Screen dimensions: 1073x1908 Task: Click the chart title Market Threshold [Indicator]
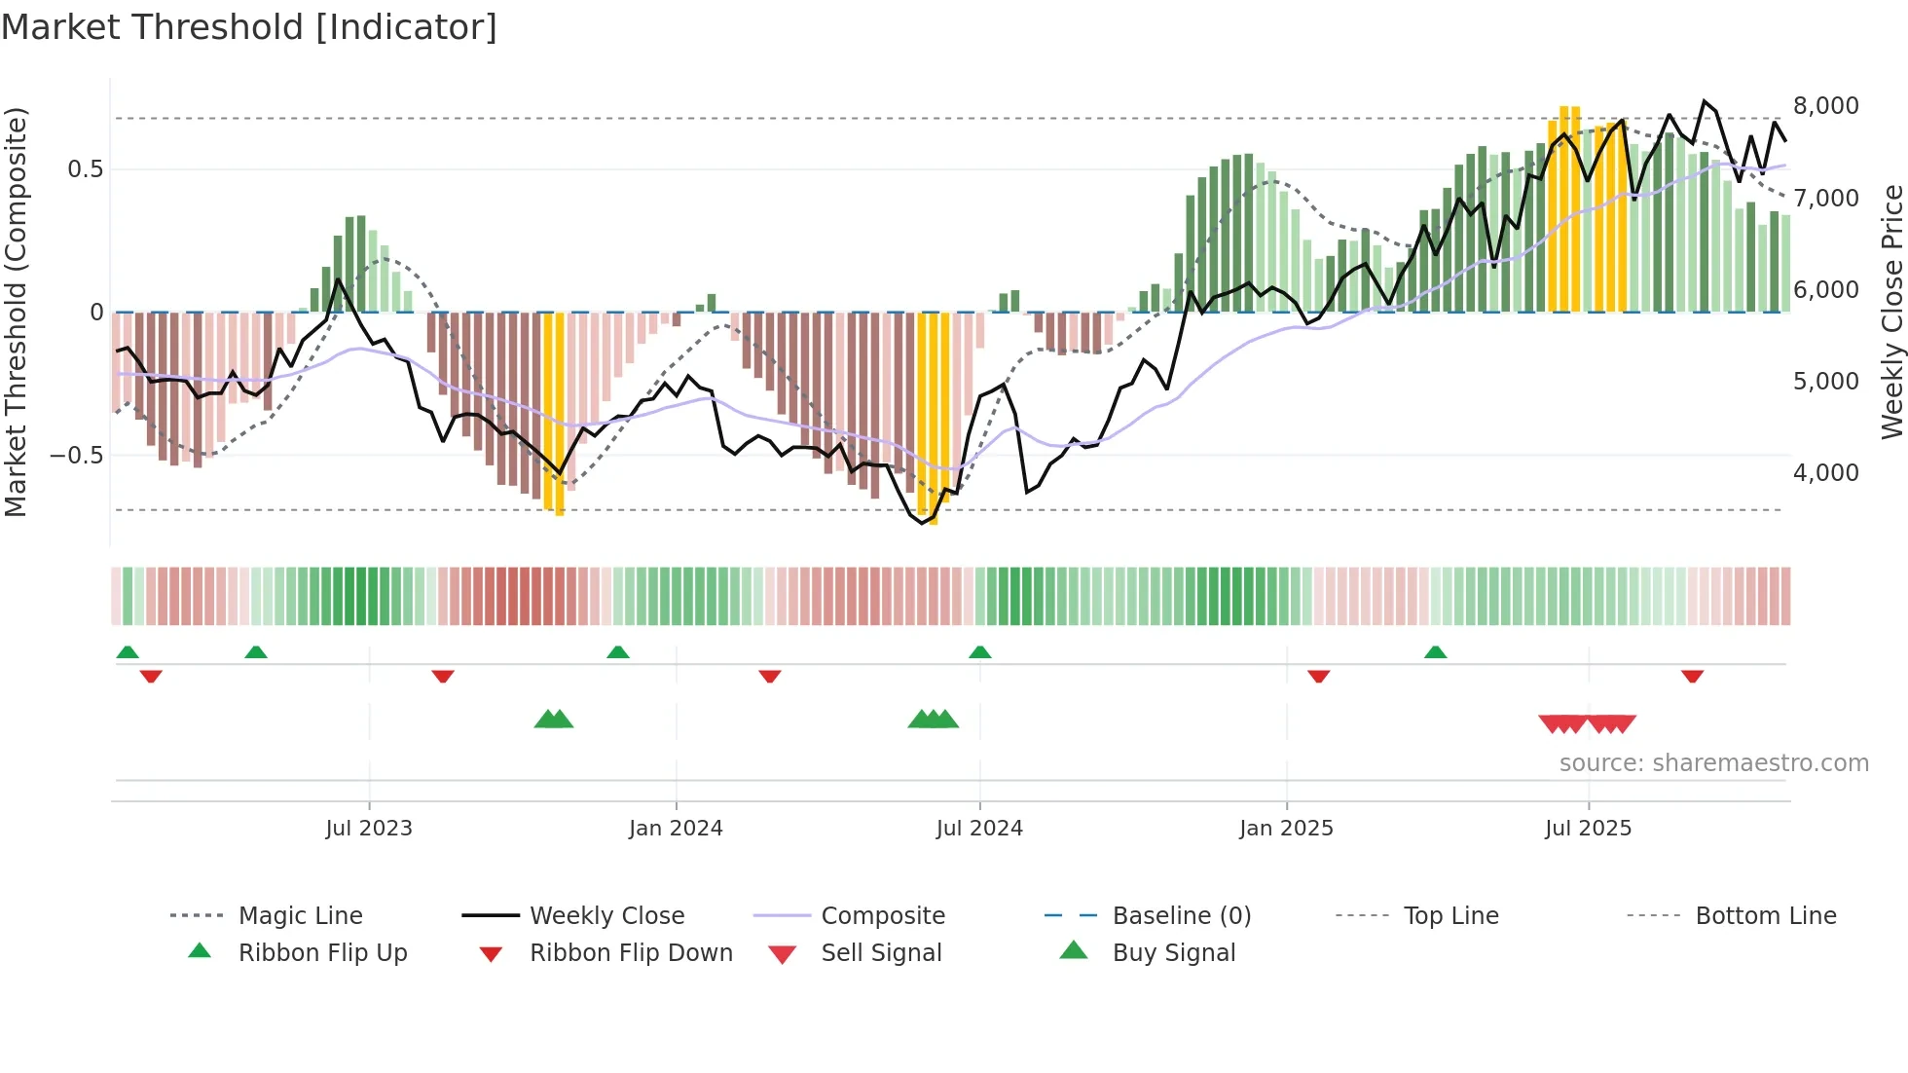(249, 27)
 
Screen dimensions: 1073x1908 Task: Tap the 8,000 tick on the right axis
(1825, 106)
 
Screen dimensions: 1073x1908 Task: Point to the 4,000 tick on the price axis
(1825, 473)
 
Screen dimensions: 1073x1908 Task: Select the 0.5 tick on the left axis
(85, 169)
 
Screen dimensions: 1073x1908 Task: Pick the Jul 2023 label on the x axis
(369, 829)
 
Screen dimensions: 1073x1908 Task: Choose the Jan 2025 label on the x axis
(1286, 829)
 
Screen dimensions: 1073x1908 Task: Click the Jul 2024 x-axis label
(979, 829)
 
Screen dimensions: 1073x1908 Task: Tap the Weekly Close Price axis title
(1891, 312)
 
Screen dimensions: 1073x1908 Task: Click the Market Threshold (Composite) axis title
(16, 312)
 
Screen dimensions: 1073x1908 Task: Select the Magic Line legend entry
(300, 916)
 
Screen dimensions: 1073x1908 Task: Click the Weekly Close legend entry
(606, 916)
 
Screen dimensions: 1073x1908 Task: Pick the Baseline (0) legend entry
(1181, 916)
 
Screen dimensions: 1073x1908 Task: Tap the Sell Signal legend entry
(881, 953)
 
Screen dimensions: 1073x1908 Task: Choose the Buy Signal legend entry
(1173, 953)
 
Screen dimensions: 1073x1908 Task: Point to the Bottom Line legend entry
(1765, 916)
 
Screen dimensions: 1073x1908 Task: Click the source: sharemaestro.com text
(1713, 763)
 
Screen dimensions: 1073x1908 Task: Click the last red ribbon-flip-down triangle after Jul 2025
(1692, 676)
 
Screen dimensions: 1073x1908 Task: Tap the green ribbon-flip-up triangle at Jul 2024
(980, 652)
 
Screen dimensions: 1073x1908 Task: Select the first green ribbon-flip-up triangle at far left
(128, 652)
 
